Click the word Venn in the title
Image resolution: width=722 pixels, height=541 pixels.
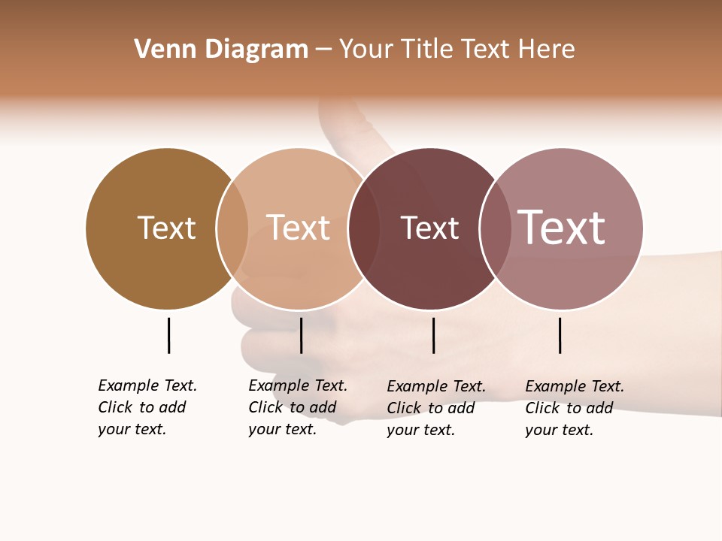160,50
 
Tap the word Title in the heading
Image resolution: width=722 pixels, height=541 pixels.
428,50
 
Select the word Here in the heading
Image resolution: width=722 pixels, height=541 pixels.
547,50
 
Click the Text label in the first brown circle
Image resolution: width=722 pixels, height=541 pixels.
166,228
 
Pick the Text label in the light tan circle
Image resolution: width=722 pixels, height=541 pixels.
299,228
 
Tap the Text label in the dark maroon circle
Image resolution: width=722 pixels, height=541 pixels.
429,228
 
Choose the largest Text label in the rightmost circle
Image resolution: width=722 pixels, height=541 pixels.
562,228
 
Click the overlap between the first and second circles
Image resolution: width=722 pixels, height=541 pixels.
232,228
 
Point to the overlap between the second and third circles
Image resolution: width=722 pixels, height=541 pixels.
364,228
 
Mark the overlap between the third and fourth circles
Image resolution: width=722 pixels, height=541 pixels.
495,228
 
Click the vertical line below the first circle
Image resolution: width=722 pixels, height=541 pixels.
168,335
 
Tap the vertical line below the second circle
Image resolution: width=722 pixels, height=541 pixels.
301,335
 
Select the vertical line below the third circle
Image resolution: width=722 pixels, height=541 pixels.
433,335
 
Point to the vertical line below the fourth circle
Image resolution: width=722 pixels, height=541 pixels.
560,335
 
